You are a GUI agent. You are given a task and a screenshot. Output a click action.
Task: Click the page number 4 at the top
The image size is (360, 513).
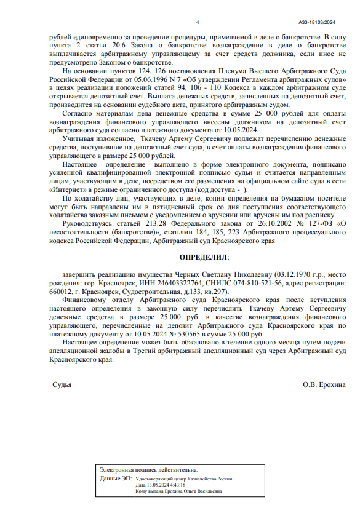(197, 22)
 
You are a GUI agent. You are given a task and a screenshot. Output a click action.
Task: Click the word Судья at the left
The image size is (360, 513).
(62, 384)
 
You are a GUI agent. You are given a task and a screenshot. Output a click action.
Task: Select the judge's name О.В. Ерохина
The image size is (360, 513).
(324, 384)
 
